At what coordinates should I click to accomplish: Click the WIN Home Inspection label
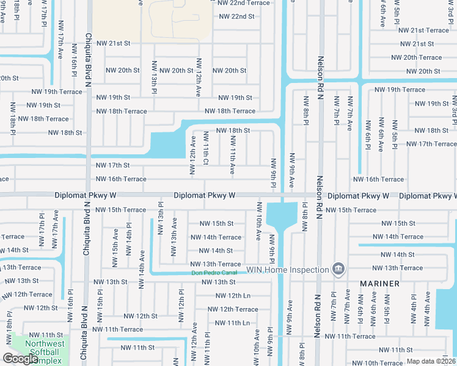coord(287,269)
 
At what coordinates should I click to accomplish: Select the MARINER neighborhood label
coord(379,284)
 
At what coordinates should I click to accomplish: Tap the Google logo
coord(21,359)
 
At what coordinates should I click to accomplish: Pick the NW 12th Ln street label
coord(233,295)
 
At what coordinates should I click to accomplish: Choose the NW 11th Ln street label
coord(233,323)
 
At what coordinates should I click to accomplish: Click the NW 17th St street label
coord(113,165)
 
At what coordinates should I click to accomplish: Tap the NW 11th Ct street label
coord(206,155)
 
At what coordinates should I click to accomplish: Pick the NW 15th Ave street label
coord(115,248)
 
